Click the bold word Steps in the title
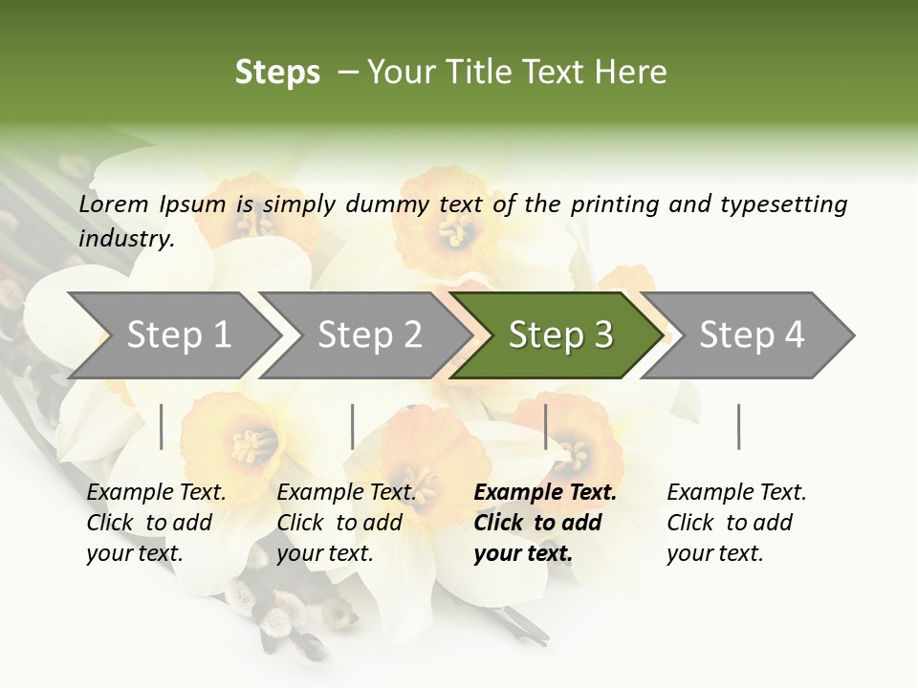click(x=277, y=73)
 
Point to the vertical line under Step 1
click(x=162, y=426)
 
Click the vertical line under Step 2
click(x=353, y=426)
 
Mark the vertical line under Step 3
click(x=546, y=426)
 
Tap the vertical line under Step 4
click(x=738, y=426)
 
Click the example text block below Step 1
click(x=156, y=523)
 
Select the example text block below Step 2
click(x=346, y=523)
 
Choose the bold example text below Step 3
click(x=545, y=523)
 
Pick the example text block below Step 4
click(x=736, y=523)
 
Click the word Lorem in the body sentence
click(x=113, y=204)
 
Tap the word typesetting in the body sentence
click(x=783, y=204)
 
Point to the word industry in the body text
click(x=125, y=239)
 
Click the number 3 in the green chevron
click(x=602, y=334)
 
